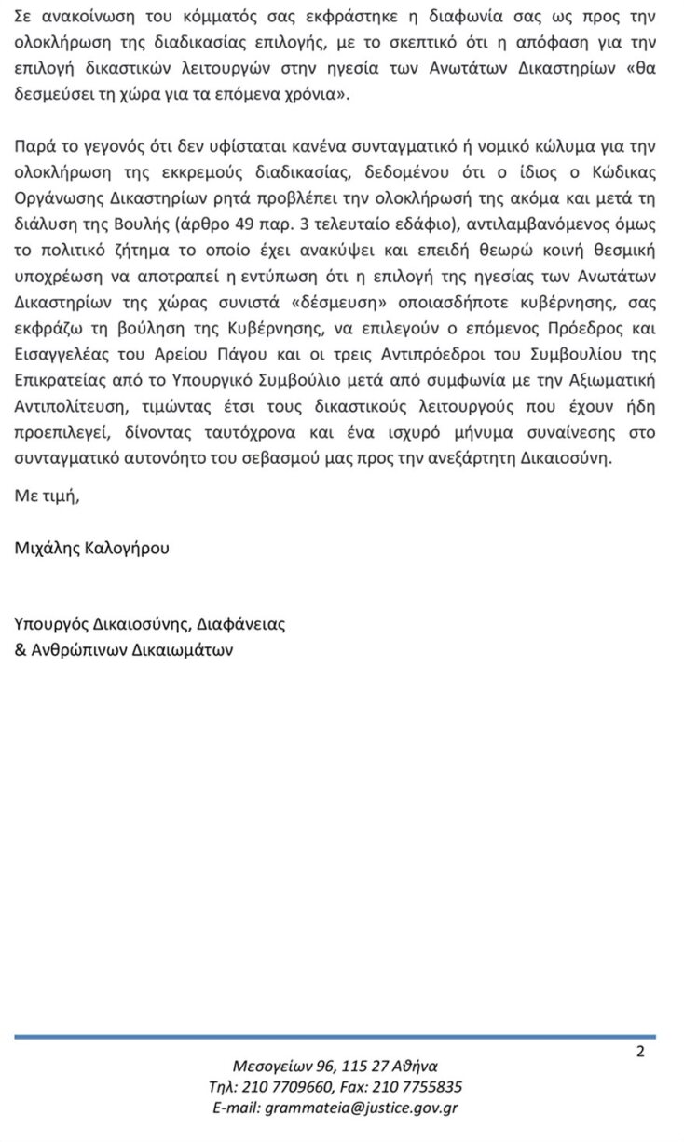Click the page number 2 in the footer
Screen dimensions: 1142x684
[639, 1053]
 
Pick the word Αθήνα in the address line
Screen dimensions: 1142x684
[416, 1067]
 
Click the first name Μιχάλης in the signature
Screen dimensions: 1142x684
[47, 549]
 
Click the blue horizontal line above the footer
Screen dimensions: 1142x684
[335, 1036]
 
